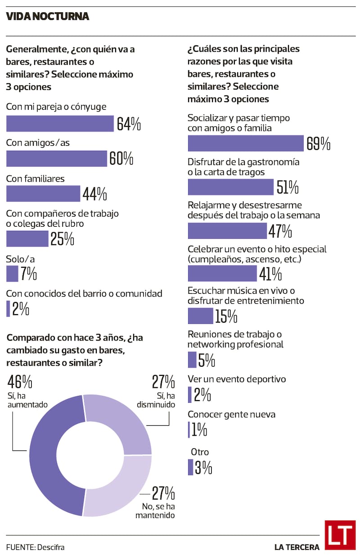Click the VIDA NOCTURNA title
(48, 17)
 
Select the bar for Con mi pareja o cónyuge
(60, 123)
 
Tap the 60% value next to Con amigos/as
(121, 158)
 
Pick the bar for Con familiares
(43, 193)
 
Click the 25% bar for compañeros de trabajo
(27, 238)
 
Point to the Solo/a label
(20, 259)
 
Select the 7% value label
(29, 274)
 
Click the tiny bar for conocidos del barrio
(8, 309)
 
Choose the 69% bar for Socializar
(246, 143)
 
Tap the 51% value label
(288, 187)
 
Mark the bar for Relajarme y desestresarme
(227, 231)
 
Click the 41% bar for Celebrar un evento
(222, 274)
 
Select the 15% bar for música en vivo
(201, 316)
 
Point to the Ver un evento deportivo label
(237, 379)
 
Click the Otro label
(200, 452)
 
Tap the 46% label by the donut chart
(20, 382)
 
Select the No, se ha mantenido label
(155, 511)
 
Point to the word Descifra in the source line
(51, 547)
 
